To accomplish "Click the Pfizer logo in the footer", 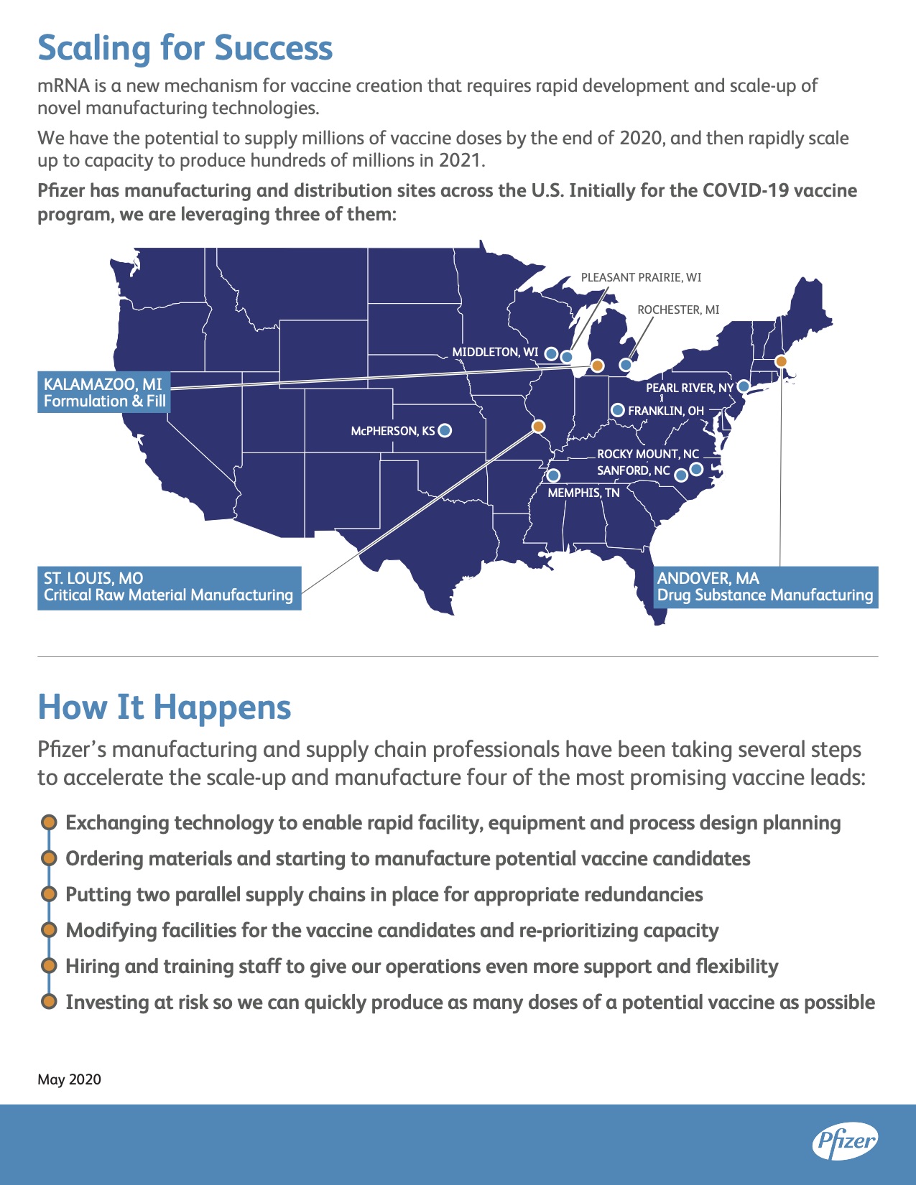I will (x=845, y=1141).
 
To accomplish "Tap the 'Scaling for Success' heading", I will (x=185, y=48).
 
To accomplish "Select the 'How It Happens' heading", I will (x=164, y=707).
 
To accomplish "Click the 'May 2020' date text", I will (x=69, y=1079).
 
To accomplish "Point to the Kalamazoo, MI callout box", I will (x=103, y=392).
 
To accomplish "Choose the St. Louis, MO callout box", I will (x=169, y=587).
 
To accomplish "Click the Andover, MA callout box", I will (x=765, y=587).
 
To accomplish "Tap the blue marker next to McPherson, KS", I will (x=445, y=430).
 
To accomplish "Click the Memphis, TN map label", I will (x=583, y=493).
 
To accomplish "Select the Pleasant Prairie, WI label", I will (x=641, y=277).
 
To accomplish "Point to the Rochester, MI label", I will (x=678, y=310).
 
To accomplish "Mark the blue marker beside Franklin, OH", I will (x=618, y=410).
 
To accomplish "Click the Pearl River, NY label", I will (x=690, y=388).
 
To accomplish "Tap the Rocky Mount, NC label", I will (x=648, y=454).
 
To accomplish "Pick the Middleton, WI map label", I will (x=495, y=352).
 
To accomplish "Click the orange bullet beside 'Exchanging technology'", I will (x=49, y=822).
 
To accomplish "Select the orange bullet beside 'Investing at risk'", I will (x=49, y=1002).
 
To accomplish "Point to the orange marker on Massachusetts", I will (x=781, y=361).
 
